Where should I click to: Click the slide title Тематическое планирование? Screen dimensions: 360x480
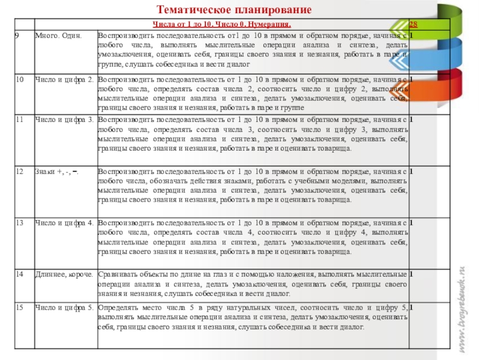235,10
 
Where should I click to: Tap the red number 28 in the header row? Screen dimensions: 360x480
414,25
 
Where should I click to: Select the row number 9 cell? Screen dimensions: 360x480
19,37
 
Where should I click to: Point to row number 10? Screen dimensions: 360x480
20,79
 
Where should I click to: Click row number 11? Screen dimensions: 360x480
20,119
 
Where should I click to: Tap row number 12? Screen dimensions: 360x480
20,172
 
